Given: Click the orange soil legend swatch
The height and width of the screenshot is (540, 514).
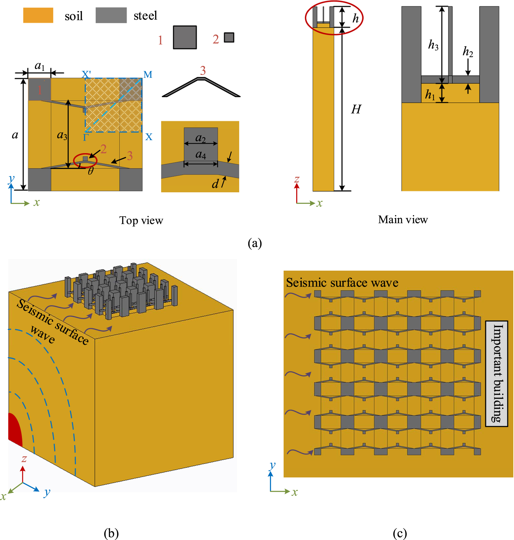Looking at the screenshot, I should tap(38, 16).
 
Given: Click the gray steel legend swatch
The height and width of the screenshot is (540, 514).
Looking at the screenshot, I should tap(111, 16).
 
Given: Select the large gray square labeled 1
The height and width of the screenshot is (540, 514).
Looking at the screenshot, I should tap(185, 37).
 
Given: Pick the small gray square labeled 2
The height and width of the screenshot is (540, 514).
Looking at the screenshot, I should tap(229, 38).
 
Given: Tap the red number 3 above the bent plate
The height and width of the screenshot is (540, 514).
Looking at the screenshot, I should tap(203, 71).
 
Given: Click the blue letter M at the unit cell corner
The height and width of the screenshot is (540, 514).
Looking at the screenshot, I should tap(148, 75).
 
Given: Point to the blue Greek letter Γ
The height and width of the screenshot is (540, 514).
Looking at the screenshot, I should tap(86, 137).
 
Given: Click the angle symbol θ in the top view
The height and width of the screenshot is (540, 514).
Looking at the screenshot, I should tap(91, 171).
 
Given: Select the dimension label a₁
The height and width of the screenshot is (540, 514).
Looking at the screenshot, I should tap(39, 66).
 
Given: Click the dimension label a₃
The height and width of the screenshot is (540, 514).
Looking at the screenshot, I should tap(62, 135).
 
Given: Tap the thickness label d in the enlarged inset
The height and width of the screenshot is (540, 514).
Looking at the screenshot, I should tap(215, 184).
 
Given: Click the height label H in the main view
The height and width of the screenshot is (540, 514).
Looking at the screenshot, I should tap(356, 109).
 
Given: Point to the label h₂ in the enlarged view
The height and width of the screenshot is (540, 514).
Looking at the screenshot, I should tap(467, 52).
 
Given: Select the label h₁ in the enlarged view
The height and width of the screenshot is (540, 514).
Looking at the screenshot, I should tap(430, 95).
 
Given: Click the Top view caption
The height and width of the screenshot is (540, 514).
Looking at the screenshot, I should tap(141, 220).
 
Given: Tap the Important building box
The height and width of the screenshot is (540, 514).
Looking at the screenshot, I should tap(496, 374).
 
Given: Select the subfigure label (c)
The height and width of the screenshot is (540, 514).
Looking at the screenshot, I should tap(400, 533).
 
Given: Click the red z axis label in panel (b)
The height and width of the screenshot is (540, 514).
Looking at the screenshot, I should tap(24, 459).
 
